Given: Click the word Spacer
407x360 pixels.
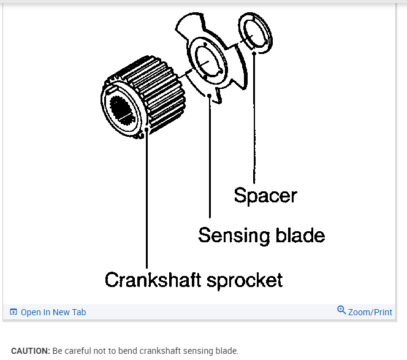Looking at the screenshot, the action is point(265,196).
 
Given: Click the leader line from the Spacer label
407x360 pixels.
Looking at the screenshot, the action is point(254,123).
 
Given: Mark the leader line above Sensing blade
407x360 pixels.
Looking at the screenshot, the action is point(210,159).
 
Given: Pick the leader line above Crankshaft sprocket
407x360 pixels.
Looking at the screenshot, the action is point(147,202).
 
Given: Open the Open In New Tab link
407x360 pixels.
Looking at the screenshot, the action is point(53,312).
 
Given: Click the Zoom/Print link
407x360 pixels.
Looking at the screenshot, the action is point(370,312).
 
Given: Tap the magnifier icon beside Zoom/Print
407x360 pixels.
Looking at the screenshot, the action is point(341,311).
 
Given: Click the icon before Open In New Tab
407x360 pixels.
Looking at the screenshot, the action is point(13,312).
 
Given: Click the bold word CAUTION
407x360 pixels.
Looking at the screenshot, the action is point(31,351).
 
